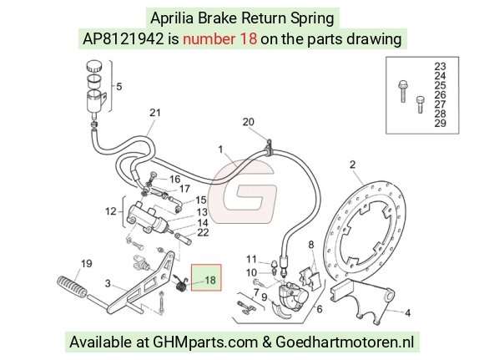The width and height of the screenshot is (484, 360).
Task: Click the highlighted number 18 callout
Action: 210,280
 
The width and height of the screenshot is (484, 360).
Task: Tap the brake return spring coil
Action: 181,284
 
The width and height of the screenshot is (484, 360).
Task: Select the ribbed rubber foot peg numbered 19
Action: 73,287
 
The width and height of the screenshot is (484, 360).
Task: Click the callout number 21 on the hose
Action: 155,113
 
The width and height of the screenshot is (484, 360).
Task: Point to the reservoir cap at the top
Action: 94,66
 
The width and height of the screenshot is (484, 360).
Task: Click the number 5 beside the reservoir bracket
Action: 119,87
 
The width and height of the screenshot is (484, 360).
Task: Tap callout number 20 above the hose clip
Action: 248,122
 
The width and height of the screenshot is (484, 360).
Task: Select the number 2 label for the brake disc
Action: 352,165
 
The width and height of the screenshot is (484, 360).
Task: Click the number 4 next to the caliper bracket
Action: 408,312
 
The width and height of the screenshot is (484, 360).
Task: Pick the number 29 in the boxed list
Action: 440,124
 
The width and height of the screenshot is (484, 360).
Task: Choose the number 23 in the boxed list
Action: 440,67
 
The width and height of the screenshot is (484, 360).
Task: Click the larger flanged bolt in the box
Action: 403,91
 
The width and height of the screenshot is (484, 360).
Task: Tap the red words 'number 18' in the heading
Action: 219,39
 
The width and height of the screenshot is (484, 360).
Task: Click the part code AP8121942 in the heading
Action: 123,39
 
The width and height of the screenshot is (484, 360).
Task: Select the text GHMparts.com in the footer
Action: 205,342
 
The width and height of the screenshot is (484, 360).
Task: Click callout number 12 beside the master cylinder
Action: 111,211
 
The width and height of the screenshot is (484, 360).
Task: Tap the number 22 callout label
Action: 203,232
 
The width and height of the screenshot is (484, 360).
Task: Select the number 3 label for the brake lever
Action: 108,283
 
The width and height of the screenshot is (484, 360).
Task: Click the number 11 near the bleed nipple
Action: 251,259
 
